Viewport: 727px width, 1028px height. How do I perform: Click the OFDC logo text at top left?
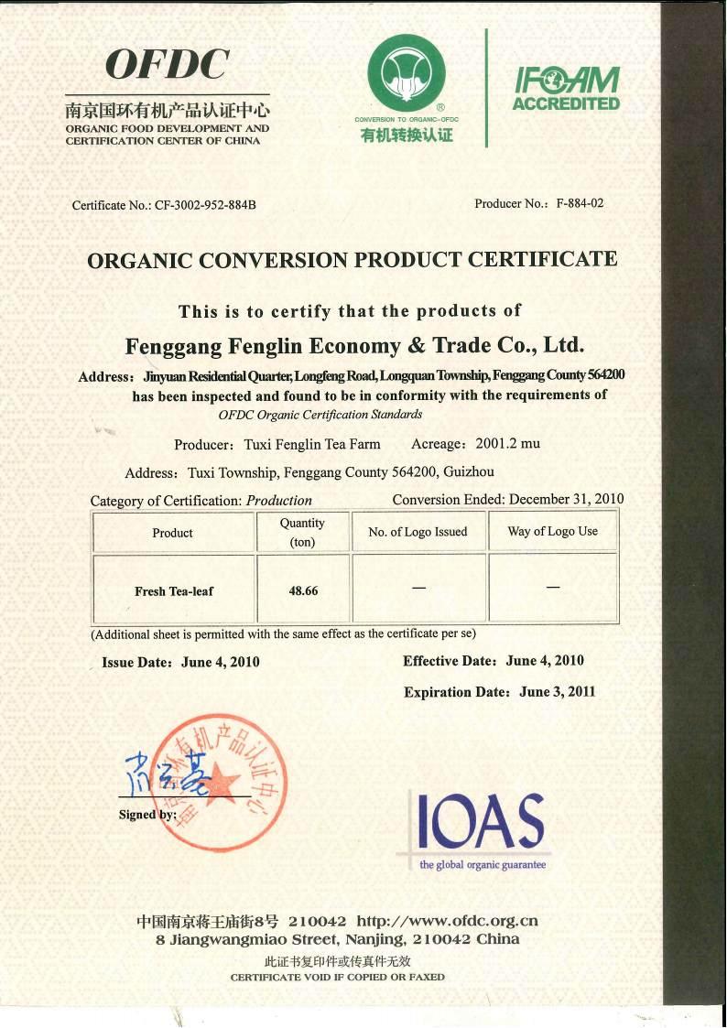click(168, 65)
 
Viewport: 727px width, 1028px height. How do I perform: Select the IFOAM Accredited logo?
click(565, 89)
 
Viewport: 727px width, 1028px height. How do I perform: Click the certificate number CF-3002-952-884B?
click(205, 205)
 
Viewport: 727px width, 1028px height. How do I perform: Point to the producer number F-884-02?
click(580, 203)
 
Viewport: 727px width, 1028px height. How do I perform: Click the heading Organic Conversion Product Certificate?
click(352, 259)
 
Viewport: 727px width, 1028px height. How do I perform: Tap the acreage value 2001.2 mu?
click(507, 444)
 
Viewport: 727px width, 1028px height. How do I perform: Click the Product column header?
click(172, 533)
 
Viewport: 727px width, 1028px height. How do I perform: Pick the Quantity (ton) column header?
click(302, 532)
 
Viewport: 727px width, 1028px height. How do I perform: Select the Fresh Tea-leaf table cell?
click(173, 591)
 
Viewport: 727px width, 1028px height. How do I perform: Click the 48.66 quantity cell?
click(303, 591)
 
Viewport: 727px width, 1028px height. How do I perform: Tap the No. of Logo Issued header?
click(418, 532)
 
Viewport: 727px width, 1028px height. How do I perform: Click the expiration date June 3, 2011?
click(557, 692)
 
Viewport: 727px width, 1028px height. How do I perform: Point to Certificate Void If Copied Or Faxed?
click(337, 978)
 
